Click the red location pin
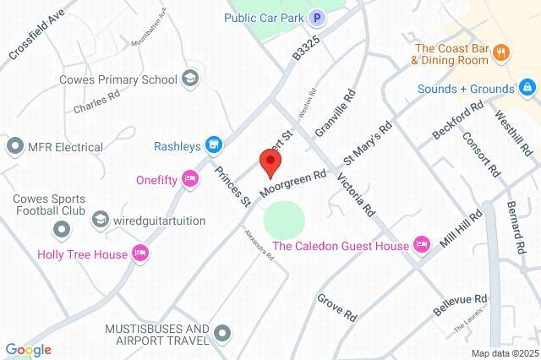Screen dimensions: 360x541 pos(270,161)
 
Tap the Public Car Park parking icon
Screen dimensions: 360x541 pos(317,17)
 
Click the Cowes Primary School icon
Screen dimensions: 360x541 pos(189,79)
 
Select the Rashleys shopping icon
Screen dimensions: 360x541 pos(215,146)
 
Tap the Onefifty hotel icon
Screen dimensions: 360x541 pos(191,178)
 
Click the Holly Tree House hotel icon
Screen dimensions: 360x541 pos(140,253)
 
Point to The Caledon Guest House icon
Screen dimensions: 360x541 pos(422,246)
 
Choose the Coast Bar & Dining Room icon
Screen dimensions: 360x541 pos(501,53)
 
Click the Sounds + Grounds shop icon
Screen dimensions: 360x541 pos(527,87)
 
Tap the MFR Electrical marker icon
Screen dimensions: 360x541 pos(14,147)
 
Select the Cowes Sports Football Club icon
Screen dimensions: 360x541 pos(61,228)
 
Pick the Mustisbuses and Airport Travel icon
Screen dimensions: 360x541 pos(222,334)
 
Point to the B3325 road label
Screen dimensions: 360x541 pos(300,46)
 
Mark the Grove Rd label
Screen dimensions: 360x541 pos(337,308)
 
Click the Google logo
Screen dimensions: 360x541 pos(27,350)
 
